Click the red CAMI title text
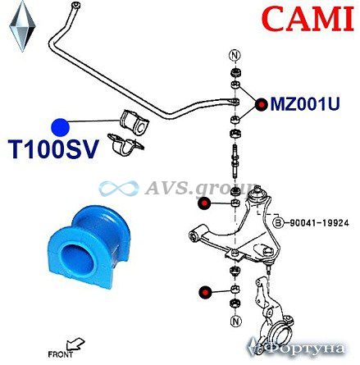(309, 19)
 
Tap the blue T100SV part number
(53, 149)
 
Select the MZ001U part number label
(305, 104)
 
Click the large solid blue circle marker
(61, 127)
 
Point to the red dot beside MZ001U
(262, 105)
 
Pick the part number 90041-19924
(319, 223)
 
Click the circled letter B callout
(278, 223)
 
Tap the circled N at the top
(235, 56)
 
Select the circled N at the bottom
(235, 321)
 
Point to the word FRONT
(61, 355)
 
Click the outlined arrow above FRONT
(75, 344)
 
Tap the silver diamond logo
(22, 26)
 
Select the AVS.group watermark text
(201, 187)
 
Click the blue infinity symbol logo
(119, 188)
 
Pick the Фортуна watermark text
(296, 349)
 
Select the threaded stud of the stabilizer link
(235, 162)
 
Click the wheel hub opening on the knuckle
(280, 334)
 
